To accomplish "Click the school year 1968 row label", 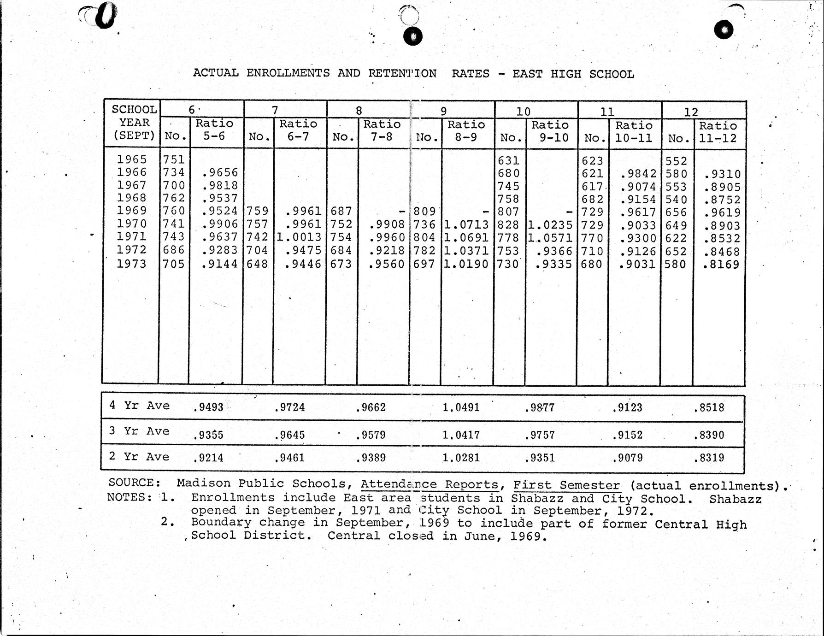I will click(131, 198).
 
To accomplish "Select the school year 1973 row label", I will click(131, 264).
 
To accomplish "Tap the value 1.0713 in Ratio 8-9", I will click(465, 225).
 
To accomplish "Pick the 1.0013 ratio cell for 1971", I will click(299, 237).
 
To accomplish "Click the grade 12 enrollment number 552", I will click(676, 161).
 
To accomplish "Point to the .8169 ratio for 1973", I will click(721, 265).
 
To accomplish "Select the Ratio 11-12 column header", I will click(718, 132).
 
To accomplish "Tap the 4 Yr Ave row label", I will click(139, 406).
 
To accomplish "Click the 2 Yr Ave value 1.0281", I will click(461, 458).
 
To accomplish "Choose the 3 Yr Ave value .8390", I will click(709, 435).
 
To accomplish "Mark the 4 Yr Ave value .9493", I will click(208, 407).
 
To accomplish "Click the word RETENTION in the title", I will click(402, 73).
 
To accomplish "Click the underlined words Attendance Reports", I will click(429, 484).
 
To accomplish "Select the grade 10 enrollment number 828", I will click(508, 225).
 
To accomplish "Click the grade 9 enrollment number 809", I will click(424, 212).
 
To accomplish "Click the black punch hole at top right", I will click(724, 30).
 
